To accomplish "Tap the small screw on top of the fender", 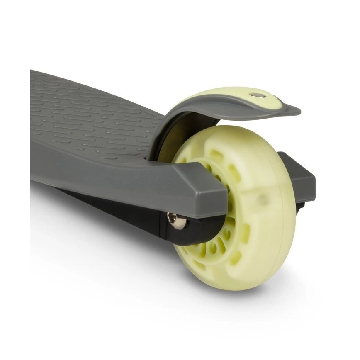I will pyautogui.click(x=258, y=96).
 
